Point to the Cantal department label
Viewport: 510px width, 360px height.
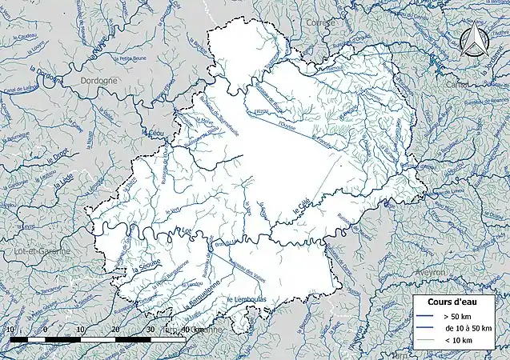[460, 85]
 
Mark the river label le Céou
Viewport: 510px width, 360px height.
[155, 133]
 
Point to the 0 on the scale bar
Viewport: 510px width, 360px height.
[45, 330]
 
